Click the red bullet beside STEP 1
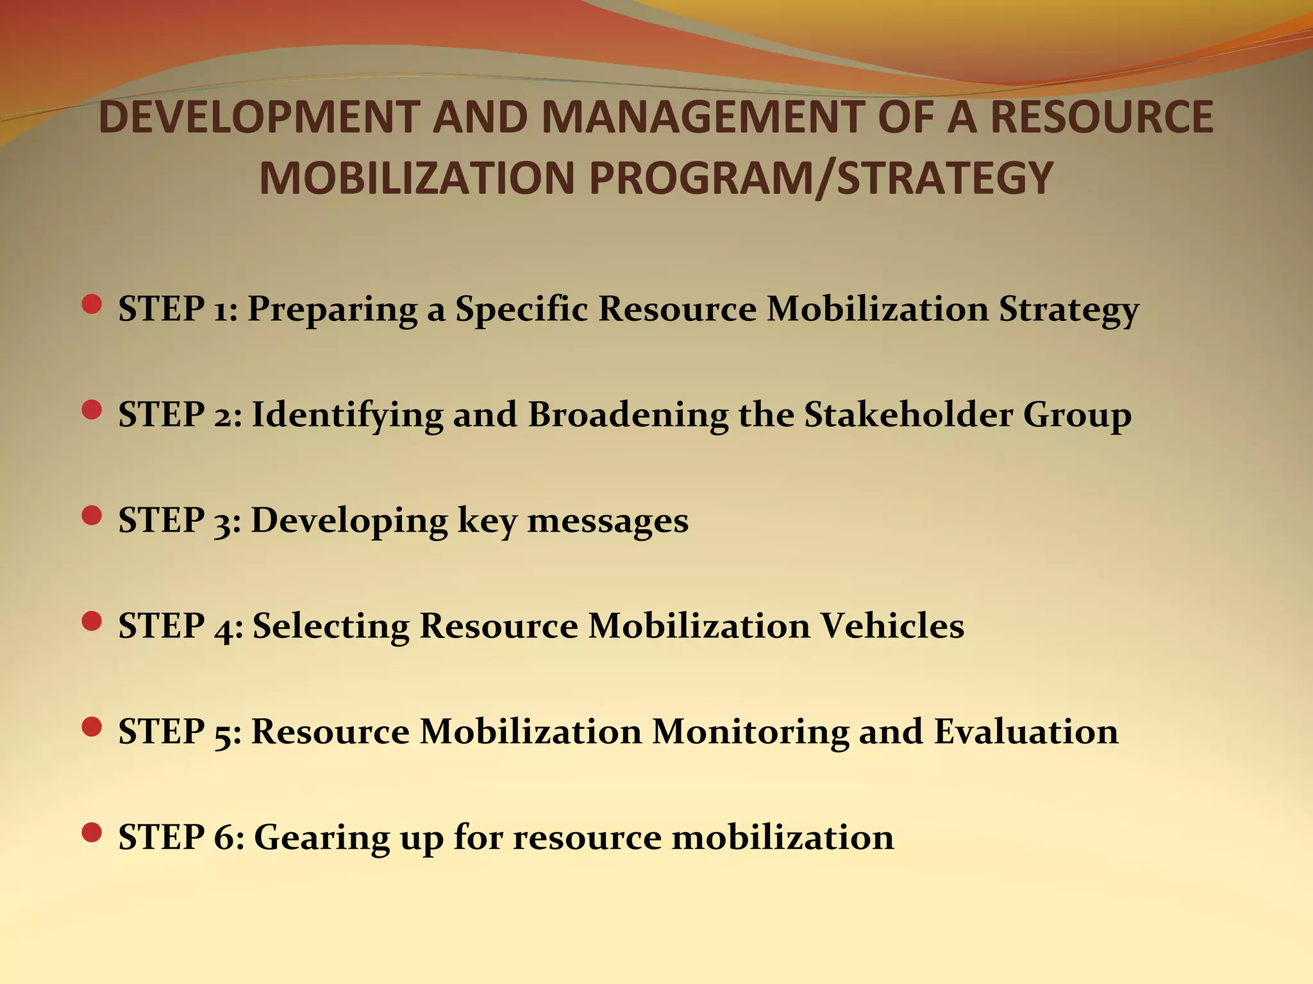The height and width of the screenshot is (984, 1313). (92, 304)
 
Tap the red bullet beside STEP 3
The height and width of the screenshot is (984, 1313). (92, 516)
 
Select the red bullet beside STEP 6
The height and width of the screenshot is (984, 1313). (92, 833)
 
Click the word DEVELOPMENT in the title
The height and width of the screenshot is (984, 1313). (259, 117)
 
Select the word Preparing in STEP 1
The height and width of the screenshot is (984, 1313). (332, 309)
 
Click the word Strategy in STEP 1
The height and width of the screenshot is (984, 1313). (1068, 309)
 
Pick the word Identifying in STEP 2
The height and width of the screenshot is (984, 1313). (347, 415)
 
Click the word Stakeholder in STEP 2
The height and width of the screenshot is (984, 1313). (908, 414)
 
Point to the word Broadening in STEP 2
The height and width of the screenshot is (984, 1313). (628, 415)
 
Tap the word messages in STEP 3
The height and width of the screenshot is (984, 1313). (608, 520)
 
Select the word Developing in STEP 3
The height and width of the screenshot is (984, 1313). (349, 520)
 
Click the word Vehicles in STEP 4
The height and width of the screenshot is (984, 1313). (892, 626)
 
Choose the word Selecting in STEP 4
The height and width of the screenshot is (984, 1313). (331, 626)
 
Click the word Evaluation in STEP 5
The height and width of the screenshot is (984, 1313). (1026, 732)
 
